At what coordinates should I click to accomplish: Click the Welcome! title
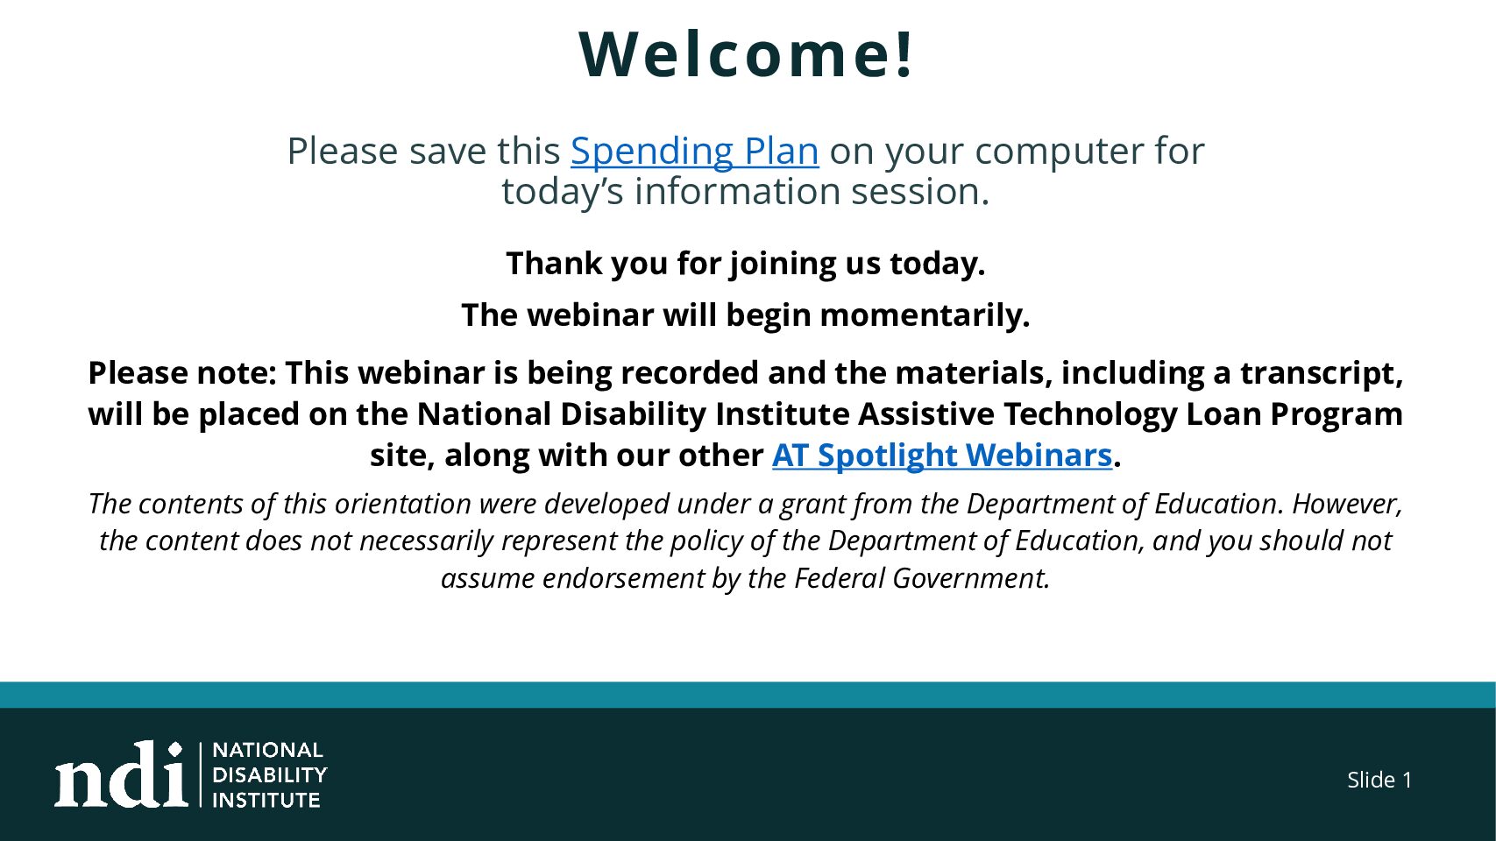[746, 54]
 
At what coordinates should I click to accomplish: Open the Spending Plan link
[695, 152]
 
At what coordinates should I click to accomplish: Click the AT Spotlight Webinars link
[942, 456]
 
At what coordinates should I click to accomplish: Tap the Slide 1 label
[1379, 780]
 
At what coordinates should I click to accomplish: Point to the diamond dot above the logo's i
[175, 749]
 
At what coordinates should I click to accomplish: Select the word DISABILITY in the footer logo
[269, 775]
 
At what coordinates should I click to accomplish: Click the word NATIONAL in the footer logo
[268, 750]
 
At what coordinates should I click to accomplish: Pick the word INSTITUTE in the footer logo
[266, 800]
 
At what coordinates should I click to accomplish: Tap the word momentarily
[925, 315]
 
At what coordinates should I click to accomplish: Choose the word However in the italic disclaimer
[1347, 504]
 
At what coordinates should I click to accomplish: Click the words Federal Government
[922, 578]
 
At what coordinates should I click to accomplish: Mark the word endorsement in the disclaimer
[623, 578]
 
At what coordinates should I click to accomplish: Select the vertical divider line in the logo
[201, 774]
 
